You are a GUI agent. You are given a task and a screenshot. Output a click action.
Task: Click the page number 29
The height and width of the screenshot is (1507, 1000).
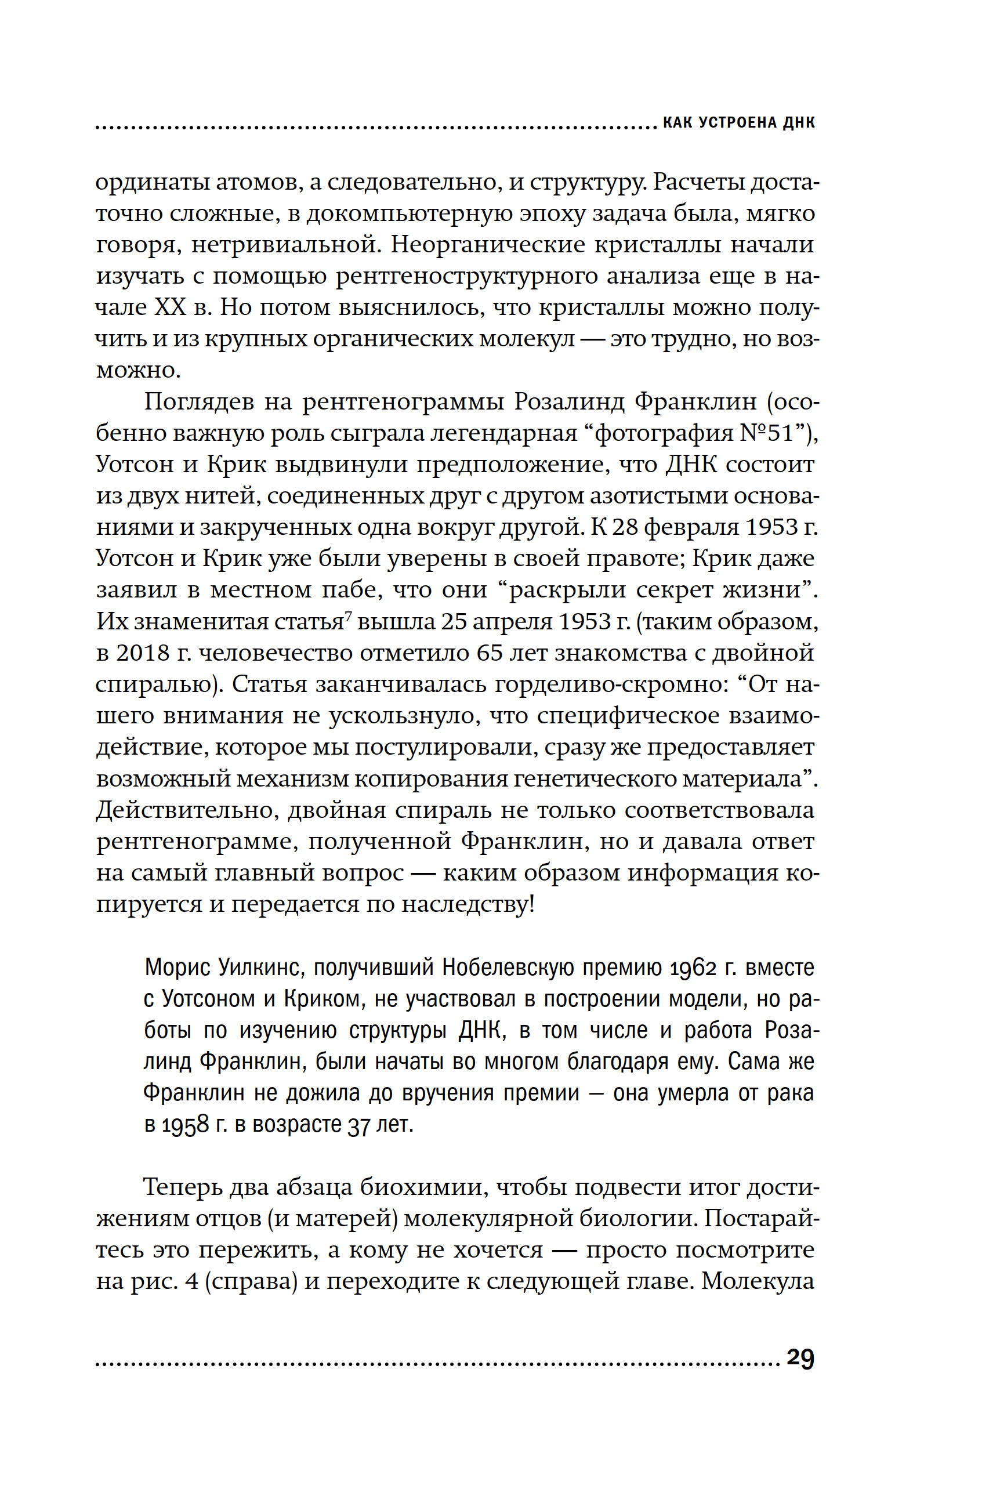coord(800,1359)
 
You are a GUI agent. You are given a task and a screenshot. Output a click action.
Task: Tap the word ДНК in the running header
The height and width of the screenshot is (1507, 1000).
coord(798,122)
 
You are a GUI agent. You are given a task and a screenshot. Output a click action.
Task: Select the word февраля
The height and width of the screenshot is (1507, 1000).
coord(685,527)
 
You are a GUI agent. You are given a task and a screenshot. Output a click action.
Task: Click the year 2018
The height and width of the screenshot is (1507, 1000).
coord(143,653)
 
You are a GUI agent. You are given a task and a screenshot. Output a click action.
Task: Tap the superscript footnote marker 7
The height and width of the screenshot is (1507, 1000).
coord(348,615)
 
